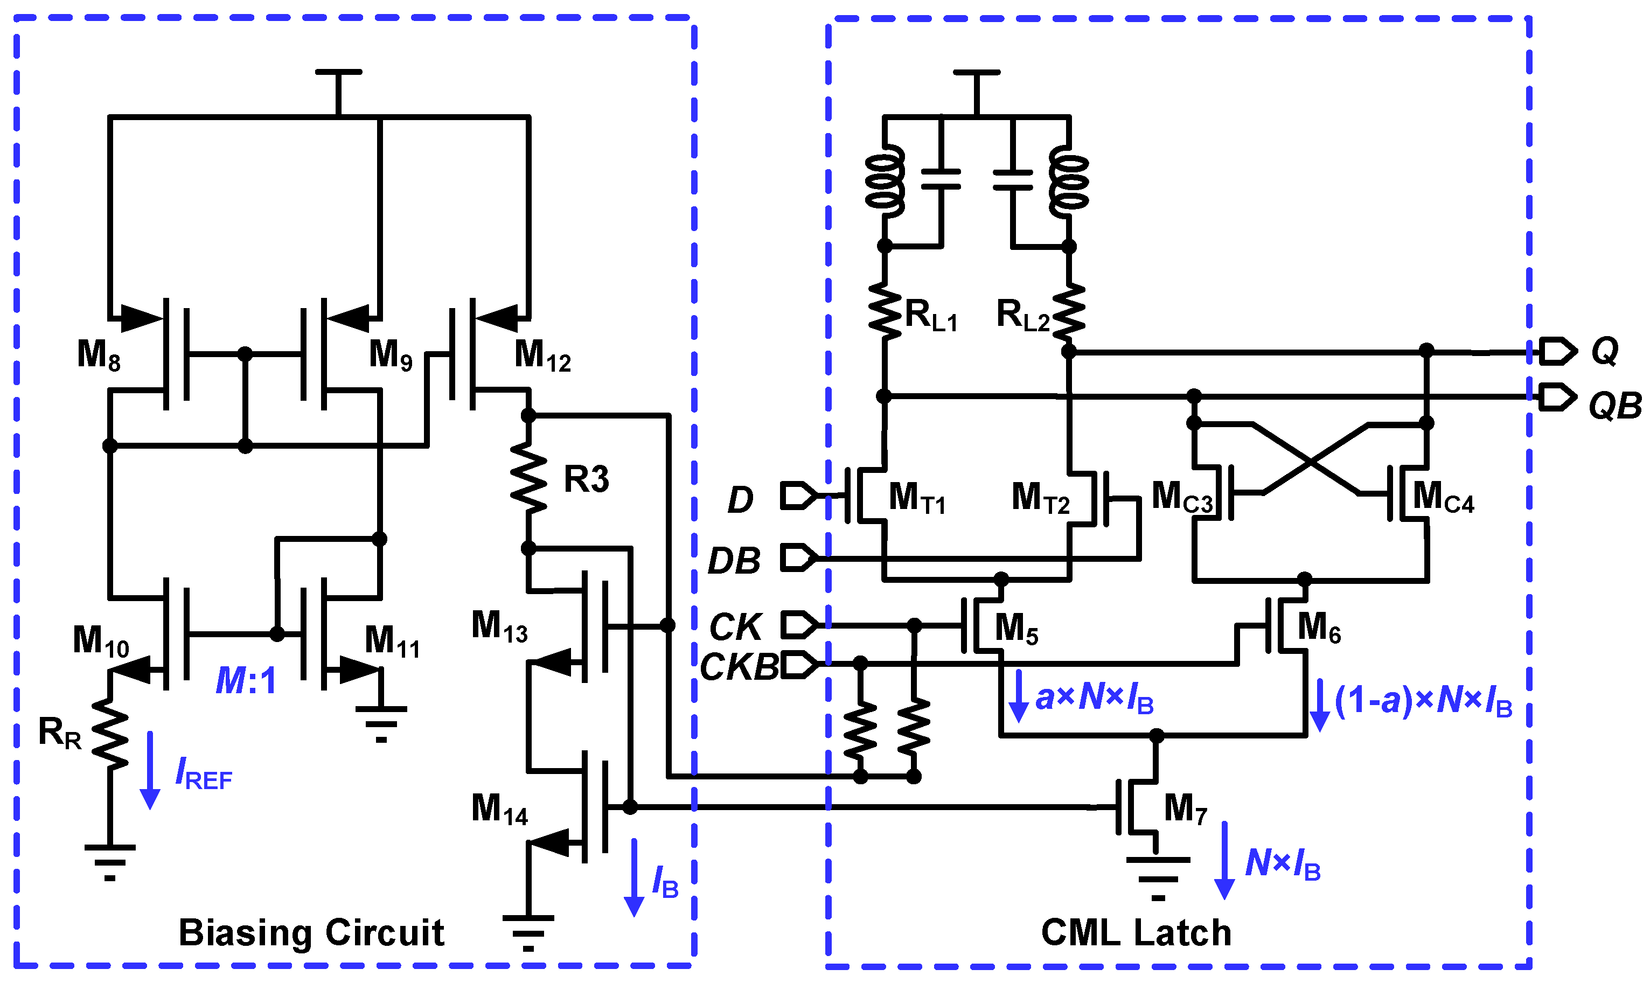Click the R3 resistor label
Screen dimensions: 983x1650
[586, 479]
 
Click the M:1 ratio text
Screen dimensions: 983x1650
[246, 680]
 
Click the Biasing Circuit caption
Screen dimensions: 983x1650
[311, 933]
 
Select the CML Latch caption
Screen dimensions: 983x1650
[1136, 933]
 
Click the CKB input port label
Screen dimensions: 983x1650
[739, 667]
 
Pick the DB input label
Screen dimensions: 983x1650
[734, 561]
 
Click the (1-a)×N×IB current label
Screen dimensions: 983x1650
[1423, 701]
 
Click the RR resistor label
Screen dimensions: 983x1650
[60, 733]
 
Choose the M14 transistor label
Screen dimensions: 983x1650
[499, 810]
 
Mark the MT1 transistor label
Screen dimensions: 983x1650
[917, 498]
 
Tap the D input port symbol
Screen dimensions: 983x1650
[798, 496]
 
